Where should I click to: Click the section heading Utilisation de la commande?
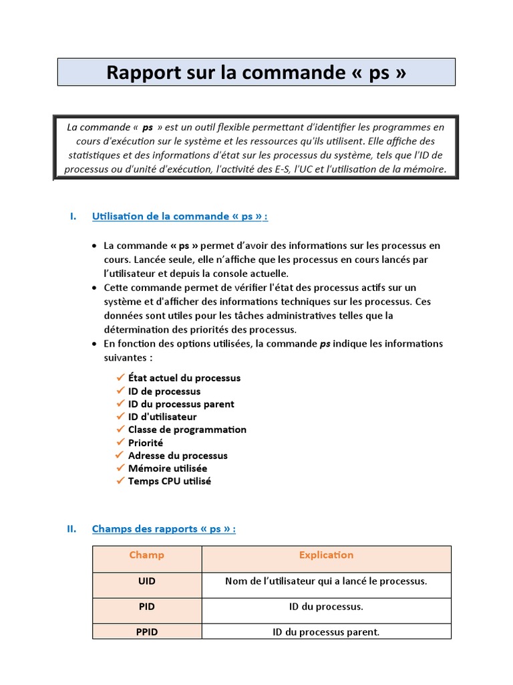[x=180, y=216]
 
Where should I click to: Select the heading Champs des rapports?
[x=164, y=529]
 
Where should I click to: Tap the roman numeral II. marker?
[x=72, y=529]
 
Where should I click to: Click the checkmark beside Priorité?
[x=120, y=442]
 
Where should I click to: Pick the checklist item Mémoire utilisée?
[x=168, y=468]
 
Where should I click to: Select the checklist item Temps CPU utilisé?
[x=170, y=481]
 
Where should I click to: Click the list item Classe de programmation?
[x=187, y=429]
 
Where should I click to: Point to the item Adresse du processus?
[x=178, y=456]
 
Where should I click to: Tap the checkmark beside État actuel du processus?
[x=120, y=377]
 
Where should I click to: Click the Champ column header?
[x=147, y=555]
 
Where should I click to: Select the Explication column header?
[x=326, y=555]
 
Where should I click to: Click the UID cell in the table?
[x=147, y=581]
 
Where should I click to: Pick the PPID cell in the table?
[x=147, y=631]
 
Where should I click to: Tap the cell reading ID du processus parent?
[x=326, y=631]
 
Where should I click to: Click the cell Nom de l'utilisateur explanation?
[x=326, y=581]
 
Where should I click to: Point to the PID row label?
[x=147, y=607]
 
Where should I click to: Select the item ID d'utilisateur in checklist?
[x=162, y=417]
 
